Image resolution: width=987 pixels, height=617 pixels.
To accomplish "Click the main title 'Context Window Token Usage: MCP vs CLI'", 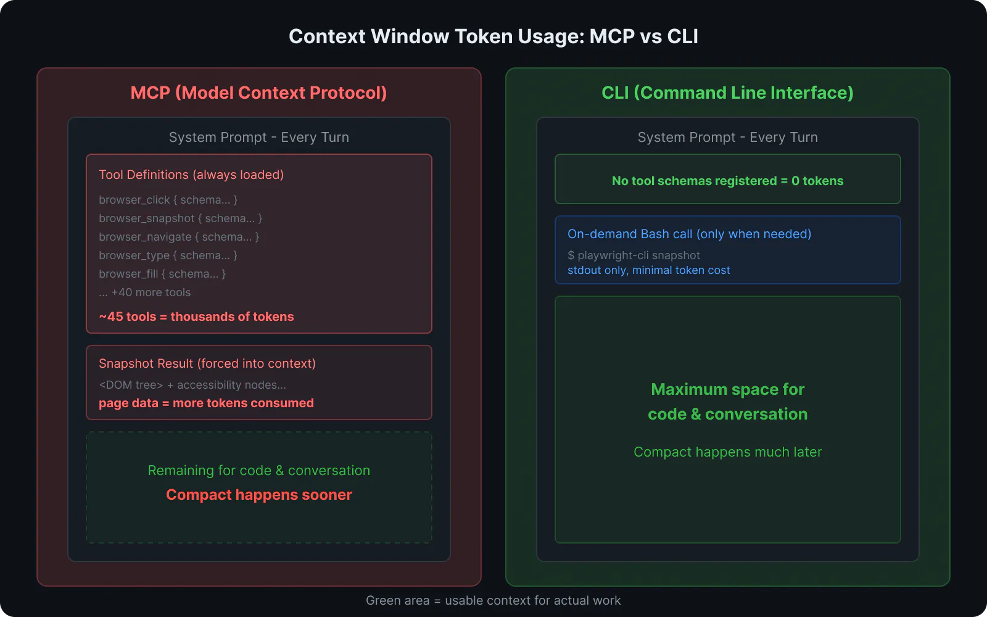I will (x=493, y=36).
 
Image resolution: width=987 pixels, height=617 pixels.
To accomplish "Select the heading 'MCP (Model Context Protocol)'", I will (x=258, y=93).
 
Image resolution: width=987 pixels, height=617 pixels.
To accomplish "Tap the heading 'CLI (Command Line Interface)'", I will (x=727, y=93).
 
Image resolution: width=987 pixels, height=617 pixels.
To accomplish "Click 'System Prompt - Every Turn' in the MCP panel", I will (x=258, y=137).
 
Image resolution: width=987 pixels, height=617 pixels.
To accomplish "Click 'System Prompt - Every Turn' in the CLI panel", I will (x=727, y=137).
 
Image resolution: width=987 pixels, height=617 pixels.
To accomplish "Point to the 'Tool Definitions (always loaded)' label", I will (x=191, y=175).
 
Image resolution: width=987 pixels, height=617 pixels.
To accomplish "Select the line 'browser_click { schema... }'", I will (x=168, y=200).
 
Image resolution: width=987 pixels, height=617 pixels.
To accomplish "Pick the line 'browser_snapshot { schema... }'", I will (x=180, y=218).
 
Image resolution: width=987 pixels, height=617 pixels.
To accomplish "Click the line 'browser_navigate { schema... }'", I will (x=179, y=237).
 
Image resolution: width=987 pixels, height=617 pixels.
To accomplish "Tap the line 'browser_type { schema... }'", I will (x=168, y=255).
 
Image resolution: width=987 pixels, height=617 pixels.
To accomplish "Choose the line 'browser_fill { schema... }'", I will (x=162, y=274).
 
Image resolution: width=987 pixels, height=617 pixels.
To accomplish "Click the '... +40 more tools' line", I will (x=145, y=292).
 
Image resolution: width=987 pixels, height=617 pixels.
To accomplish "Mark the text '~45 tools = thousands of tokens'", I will (x=196, y=317).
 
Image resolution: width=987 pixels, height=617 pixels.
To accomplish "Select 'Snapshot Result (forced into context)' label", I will (x=207, y=363).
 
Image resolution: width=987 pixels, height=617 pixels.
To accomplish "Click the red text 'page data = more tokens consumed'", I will (x=206, y=403).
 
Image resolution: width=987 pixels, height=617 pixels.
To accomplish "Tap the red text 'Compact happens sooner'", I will (x=258, y=495).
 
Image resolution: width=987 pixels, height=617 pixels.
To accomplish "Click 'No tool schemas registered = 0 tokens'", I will (x=727, y=181).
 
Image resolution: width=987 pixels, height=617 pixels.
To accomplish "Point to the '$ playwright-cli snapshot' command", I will (x=634, y=255).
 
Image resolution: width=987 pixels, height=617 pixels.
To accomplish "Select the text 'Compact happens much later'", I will (x=727, y=452).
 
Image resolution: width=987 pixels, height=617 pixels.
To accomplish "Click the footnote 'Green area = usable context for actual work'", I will (x=493, y=600).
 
